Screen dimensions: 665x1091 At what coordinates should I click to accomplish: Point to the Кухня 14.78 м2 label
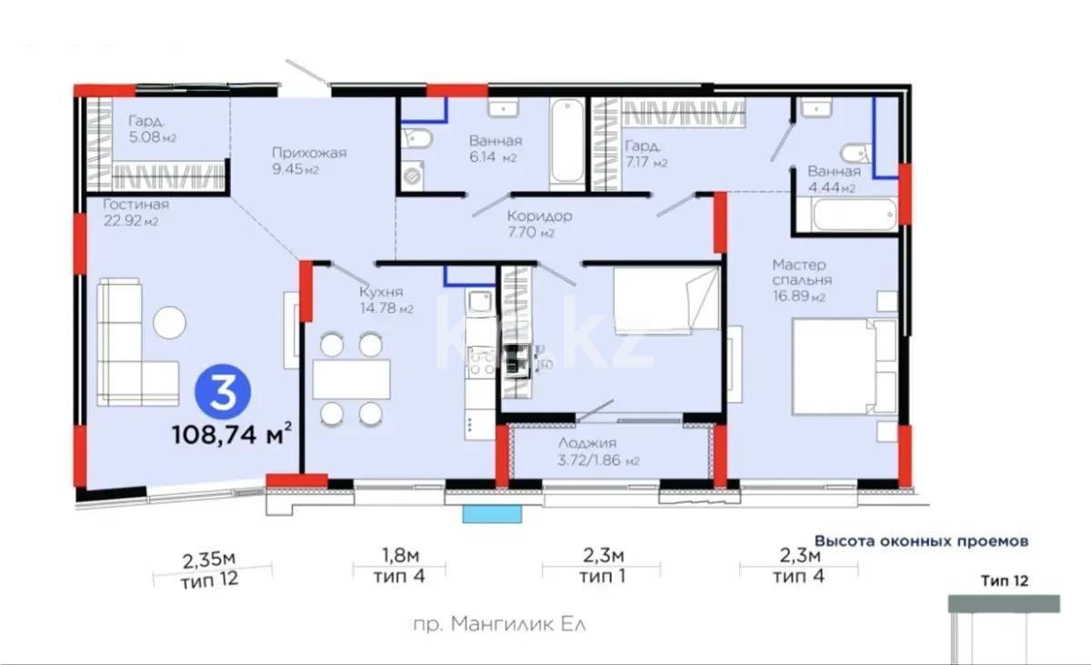click(385, 299)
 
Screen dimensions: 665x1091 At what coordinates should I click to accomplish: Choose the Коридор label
click(539, 224)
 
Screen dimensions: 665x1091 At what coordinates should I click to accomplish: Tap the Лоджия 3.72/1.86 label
click(599, 450)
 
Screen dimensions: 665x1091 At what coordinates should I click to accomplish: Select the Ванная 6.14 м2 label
click(495, 148)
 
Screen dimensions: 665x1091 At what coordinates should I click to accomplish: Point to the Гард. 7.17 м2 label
click(646, 154)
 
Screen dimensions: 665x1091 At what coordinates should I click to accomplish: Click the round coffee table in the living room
click(169, 322)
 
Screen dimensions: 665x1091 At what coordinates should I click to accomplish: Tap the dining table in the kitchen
click(351, 379)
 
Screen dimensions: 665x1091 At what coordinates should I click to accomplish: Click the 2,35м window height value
click(209, 556)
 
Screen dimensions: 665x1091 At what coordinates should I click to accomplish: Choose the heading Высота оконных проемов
click(921, 540)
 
